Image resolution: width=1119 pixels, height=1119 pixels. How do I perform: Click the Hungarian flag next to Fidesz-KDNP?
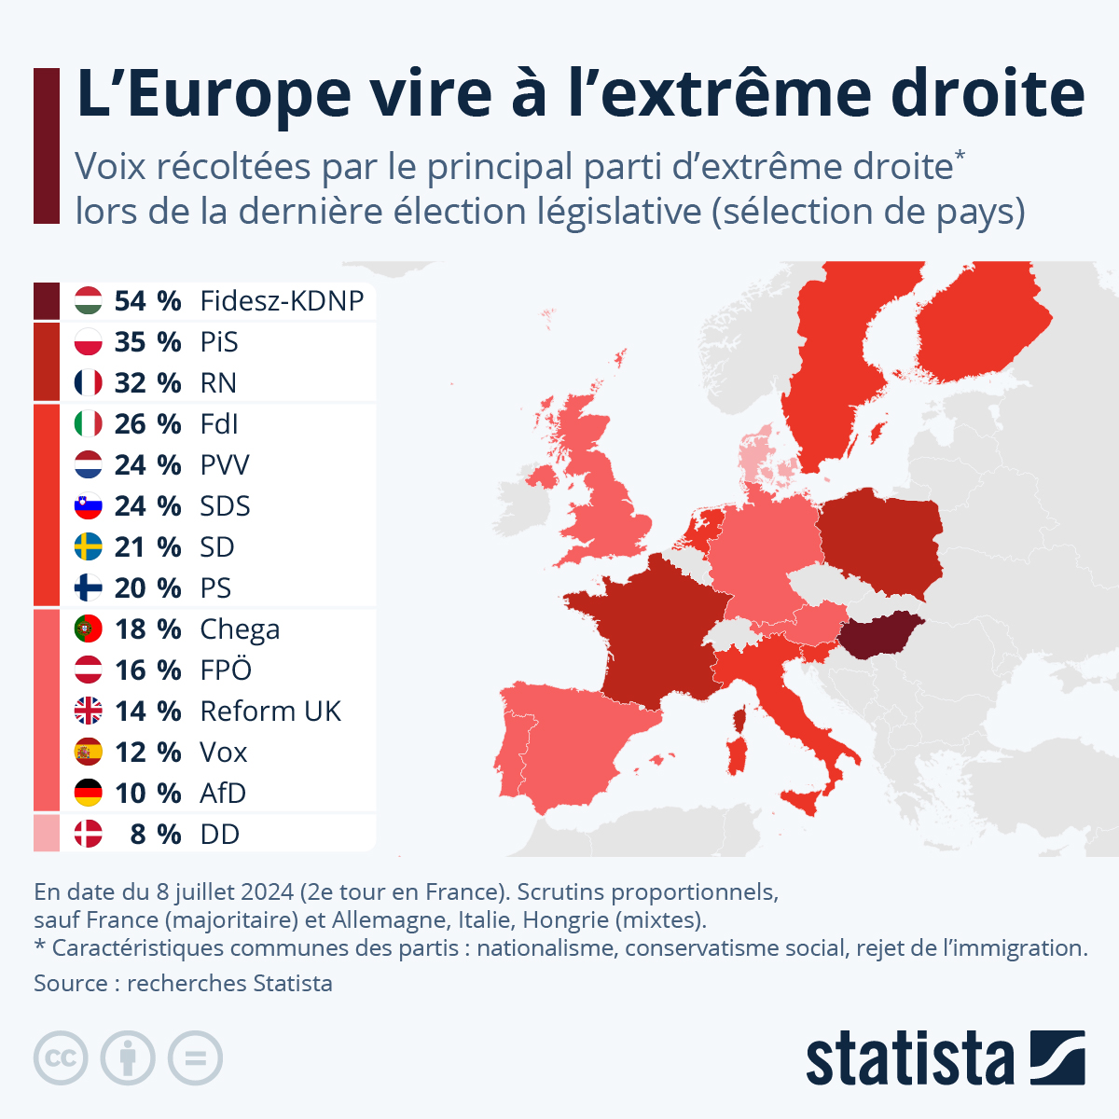tap(88, 301)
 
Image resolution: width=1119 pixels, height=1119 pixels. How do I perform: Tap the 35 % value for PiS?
tap(147, 342)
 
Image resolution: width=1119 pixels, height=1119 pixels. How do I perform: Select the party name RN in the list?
tap(218, 383)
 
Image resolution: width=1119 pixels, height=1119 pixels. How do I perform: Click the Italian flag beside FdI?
tap(88, 424)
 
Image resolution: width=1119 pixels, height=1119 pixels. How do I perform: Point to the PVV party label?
tap(225, 465)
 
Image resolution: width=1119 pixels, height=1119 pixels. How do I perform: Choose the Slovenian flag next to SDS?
tap(88, 506)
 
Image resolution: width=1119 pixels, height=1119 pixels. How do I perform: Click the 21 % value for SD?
tap(147, 547)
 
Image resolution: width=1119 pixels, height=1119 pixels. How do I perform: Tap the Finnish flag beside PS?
tap(88, 588)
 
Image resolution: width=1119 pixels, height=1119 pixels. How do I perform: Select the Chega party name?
tap(240, 629)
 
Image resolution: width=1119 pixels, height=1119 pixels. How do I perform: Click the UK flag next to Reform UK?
tap(88, 711)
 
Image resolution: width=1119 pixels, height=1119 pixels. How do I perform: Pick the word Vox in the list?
tap(224, 753)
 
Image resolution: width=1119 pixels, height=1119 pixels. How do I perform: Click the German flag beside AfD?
tap(88, 794)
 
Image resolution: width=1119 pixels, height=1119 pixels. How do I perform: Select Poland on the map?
tap(881, 546)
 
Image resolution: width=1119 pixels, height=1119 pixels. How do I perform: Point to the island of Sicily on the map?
tap(804, 800)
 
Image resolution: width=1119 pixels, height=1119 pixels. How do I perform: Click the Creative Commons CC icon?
tap(61, 1058)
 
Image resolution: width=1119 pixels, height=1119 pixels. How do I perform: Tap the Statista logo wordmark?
tap(909, 1058)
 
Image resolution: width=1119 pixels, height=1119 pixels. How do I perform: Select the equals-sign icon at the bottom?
tap(195, 1058)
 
